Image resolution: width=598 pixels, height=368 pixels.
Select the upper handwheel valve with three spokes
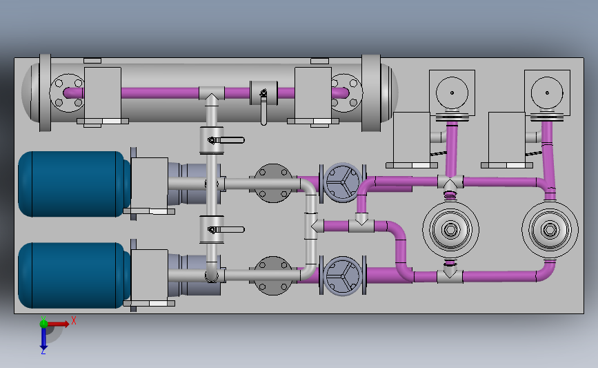click(x=343, y=182)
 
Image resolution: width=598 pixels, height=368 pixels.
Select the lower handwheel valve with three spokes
click(x=343, y=275)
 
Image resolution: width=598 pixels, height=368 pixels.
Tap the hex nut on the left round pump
click(x=450, y=230)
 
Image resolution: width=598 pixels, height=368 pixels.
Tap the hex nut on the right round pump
click(x=550, y=230)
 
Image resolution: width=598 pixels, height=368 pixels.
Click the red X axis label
click(x=74, y=320)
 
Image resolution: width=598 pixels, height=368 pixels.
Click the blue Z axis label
click(x=43, y=351)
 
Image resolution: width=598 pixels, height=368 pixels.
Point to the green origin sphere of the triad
click(x=43, y=324)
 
